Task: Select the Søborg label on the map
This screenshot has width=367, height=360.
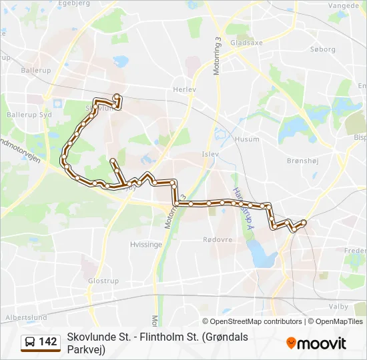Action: point(323,49)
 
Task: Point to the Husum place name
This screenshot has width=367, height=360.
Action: point(247,139)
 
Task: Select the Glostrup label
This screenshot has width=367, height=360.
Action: point(103,281)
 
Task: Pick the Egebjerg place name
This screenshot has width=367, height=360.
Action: point(75,3)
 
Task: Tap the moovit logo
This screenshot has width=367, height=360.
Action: point(316,343)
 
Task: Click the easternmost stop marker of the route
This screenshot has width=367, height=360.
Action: point(304,222)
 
